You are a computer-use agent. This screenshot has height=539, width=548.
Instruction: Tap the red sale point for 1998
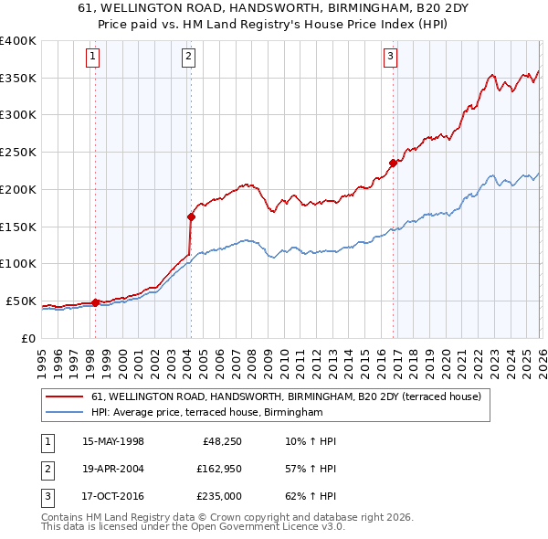click(95, 301)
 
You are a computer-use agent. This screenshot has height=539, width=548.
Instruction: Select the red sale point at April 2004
click(191, 217)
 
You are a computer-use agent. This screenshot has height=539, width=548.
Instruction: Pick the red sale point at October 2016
click(393, 163)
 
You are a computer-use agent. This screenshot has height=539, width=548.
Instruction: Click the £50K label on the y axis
click(21, 301)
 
